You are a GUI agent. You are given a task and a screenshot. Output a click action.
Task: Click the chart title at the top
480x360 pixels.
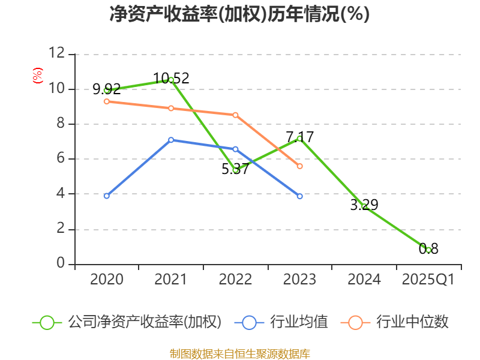tap(239, 14)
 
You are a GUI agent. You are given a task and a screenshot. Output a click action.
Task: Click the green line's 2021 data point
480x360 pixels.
tap(171, 80)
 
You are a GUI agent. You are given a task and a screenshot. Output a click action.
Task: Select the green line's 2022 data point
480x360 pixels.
tap(235, 170)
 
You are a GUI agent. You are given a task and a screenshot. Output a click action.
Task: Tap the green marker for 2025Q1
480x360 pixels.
tap(428, 250)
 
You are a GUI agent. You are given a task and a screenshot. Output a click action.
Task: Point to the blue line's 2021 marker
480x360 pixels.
tap(171, 140)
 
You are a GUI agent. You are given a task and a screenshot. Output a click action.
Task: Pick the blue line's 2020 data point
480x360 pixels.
tap(107, 196)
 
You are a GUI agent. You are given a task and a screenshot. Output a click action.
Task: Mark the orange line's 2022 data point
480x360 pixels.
tap(235, 115)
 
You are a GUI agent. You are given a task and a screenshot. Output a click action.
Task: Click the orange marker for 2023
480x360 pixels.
tap(300, 166)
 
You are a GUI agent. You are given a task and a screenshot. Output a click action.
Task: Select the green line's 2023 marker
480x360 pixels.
tap(299, 139)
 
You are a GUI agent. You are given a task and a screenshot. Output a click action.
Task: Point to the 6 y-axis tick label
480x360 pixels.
tap(60, 159)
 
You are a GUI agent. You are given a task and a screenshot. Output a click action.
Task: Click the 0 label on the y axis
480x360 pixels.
tap(60, 264)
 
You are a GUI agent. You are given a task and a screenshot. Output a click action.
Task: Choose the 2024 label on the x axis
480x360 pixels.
tap(364, 280)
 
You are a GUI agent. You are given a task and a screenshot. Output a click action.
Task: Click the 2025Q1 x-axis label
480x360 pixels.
tap(428, 280)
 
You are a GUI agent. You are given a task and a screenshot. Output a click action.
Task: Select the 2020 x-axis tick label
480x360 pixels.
tap(107, 280)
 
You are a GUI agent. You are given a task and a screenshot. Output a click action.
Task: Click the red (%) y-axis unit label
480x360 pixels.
tap(38, 76)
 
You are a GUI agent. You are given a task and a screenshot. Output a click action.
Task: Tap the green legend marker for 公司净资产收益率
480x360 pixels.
tap(47, 322)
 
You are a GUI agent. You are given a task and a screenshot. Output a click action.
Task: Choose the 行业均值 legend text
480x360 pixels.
tap(299, 322)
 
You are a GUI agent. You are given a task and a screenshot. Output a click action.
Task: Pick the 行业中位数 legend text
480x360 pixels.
tap(413, 322)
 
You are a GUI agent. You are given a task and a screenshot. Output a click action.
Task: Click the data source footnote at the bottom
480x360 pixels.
tap(239, 353)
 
